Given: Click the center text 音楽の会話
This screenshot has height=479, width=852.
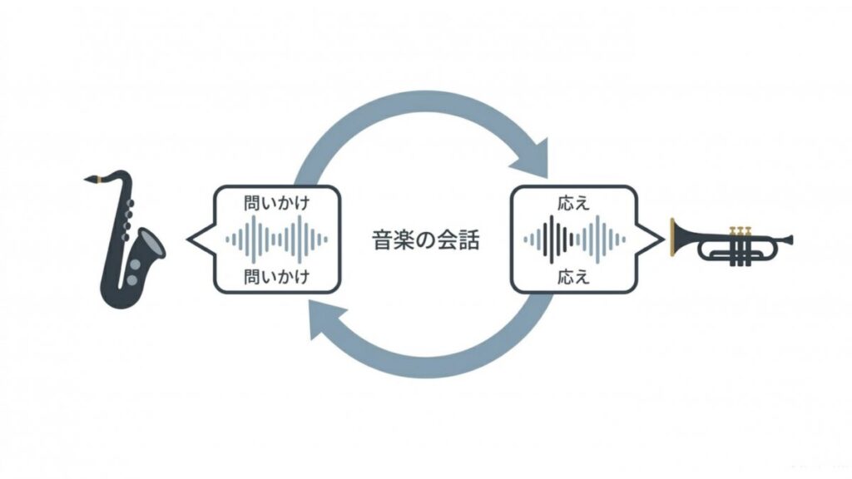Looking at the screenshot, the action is pyautogui.click(x=425, y=239).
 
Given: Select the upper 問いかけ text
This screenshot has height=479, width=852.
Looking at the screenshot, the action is pyautogui.click(x=276, y=203).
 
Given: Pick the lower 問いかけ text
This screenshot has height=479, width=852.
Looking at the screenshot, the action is pyautogui.click(x=276, y=277).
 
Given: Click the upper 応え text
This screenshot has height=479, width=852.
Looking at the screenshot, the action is pyautogui.click(x=573, y=203).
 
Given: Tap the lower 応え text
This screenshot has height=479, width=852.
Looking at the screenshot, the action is pyautogui.click(x=573, y=277).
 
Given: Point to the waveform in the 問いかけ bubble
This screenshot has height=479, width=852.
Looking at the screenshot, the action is pyautogui.click(x=276, y=239).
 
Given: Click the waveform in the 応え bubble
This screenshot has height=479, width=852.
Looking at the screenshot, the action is pyautogui.click(x=574, y=239).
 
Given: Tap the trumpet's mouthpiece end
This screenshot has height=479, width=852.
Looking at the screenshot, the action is pyautogui.click(x=790, y=239).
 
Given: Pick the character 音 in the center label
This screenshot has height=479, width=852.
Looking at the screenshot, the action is pyautogui.click(x=382, y=239).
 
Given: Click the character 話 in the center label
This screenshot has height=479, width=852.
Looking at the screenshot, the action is pyautogui.click(x=469, y=239).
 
